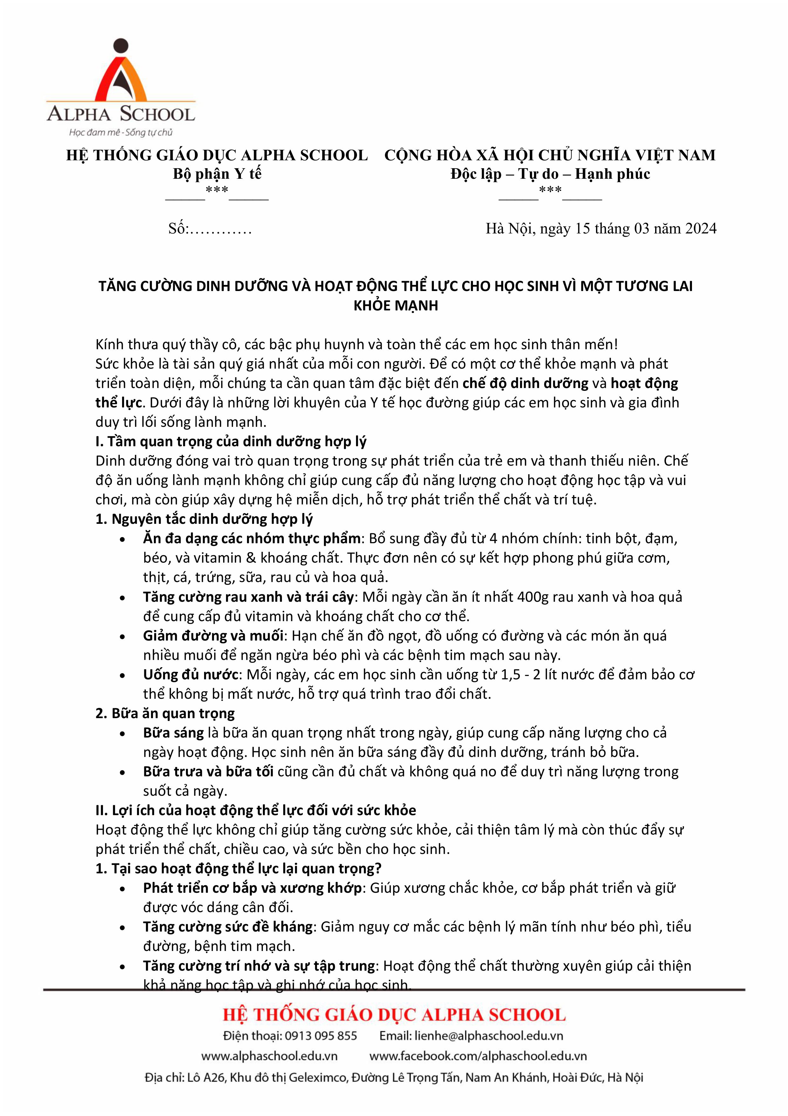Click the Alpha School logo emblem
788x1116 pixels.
click(x=120, y=73)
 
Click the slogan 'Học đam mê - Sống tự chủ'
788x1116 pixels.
click(x=120, y=132)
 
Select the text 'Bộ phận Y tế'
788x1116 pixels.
click(x=217, y=174)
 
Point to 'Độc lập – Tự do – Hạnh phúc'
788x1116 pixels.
click(x=550, y=174)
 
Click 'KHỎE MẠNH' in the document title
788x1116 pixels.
click(x=395, y=305)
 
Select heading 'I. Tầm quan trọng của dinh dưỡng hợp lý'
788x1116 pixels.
click(x=231, y=441)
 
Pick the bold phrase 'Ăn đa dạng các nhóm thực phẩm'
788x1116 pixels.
click(x=252, y=538)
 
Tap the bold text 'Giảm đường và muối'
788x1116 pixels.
click(x=213, y=636)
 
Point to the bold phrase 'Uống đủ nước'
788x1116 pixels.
click(x=190, y=675)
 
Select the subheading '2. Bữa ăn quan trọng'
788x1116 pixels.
click(x=165, y=714)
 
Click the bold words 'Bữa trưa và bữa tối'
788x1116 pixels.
click(x=208, y=772)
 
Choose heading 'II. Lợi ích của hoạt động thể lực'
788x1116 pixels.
click(x=256, y=811)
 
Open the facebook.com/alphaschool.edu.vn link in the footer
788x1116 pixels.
click(x=478, y=1056)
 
